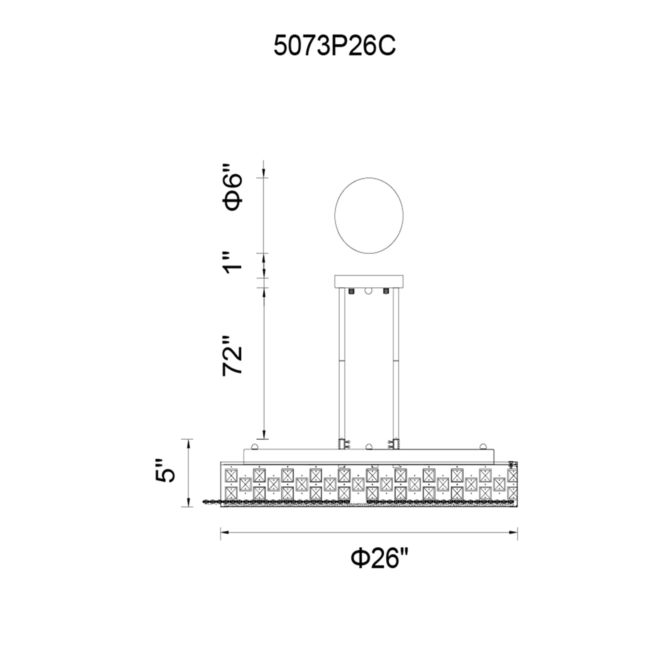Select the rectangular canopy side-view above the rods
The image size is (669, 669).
tap(369, 282)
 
